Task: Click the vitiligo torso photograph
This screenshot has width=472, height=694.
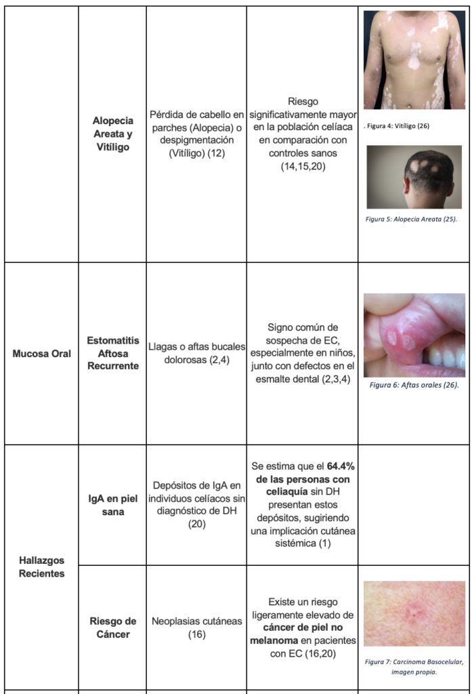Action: tap(414, 60)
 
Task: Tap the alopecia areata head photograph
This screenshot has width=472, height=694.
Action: tap(414, 177)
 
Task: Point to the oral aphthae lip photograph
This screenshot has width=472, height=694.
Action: tap(414, 335)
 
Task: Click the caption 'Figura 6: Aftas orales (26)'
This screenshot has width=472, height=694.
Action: tap(414, 385)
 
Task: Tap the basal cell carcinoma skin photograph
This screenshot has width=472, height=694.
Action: tap(414, 613)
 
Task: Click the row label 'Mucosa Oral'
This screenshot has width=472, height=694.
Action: tap(41, 353)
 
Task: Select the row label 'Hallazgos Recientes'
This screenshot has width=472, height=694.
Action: tap(41, 567)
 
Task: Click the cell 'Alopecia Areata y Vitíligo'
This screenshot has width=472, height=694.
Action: tap(112, 134)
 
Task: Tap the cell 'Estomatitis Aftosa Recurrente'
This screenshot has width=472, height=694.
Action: tap(112, 353)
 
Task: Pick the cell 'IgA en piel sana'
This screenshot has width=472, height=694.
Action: tap(112, 506)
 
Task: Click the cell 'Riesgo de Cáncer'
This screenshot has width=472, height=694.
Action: tap(112, 628)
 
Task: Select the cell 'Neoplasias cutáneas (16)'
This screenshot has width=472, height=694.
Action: tap(196, 628)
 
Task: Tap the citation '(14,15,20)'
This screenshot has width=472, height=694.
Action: tap(302, 166)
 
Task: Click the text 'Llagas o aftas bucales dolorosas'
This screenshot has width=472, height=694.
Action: tap(196, 353)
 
